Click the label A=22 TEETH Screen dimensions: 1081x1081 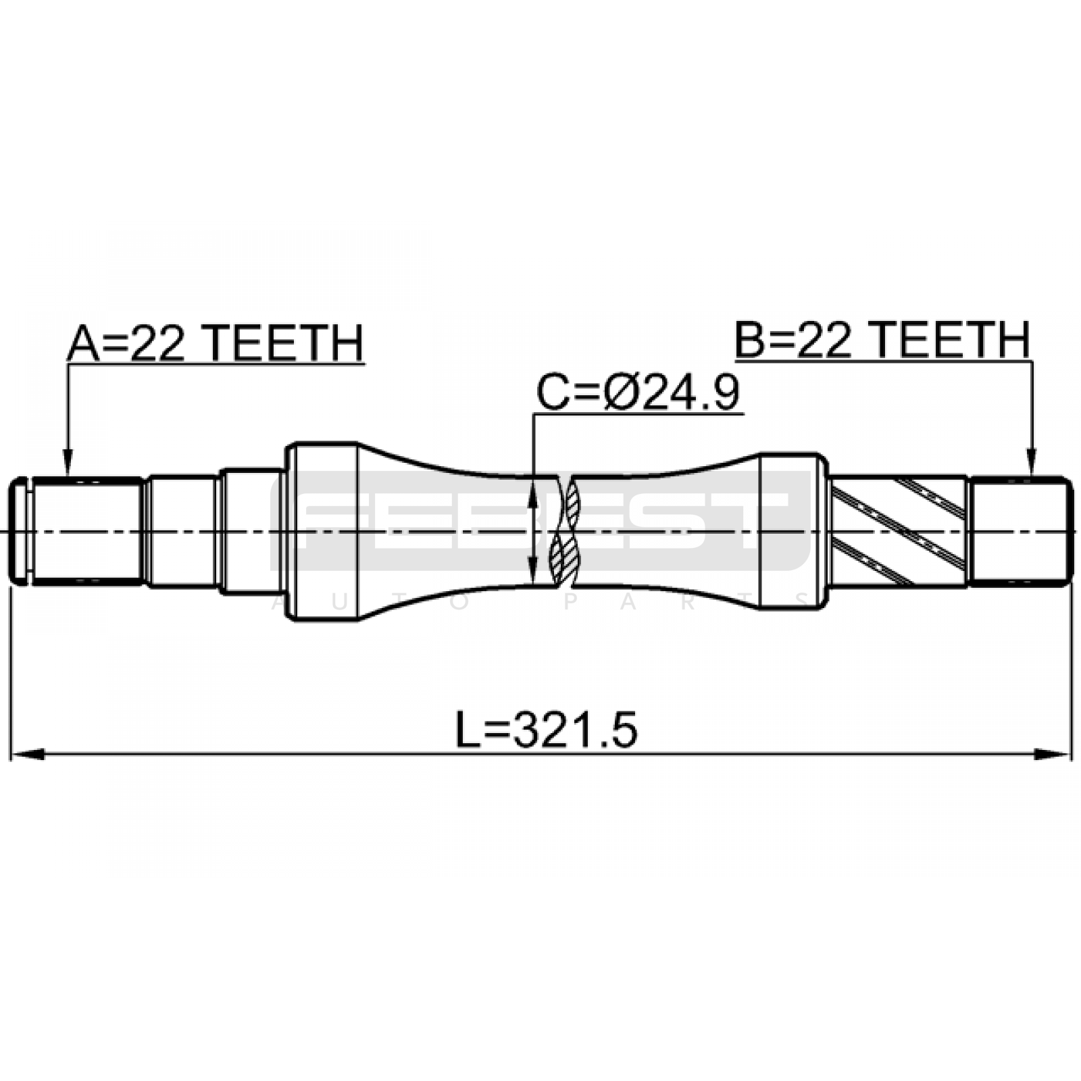pos(215,343)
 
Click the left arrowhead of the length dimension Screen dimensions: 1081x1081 pos(27,754)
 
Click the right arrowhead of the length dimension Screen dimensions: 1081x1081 pos(1055,754)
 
